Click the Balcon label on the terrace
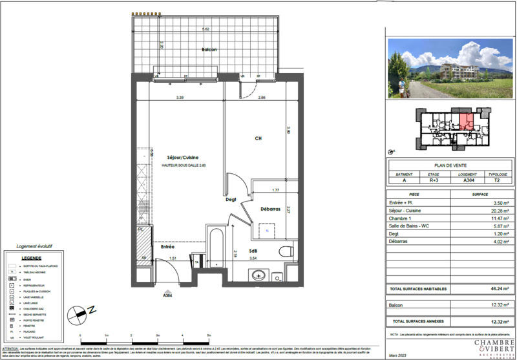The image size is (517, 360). coord(208,50)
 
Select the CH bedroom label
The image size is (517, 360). coord(257,138)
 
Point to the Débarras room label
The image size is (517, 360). coord(269,209)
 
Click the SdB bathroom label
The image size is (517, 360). coord(254,251)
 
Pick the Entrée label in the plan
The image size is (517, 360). coord(168,247)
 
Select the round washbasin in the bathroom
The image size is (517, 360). coord(259,275)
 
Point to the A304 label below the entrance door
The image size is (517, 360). coord(168,295)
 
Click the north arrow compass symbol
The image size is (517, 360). coord(79,315)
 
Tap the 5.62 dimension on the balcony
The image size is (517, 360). coord(206,29)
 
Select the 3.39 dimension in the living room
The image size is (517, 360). coord(181,98)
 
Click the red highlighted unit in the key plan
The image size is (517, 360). coord(466,122)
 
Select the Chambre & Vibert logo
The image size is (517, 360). coord(494,346)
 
